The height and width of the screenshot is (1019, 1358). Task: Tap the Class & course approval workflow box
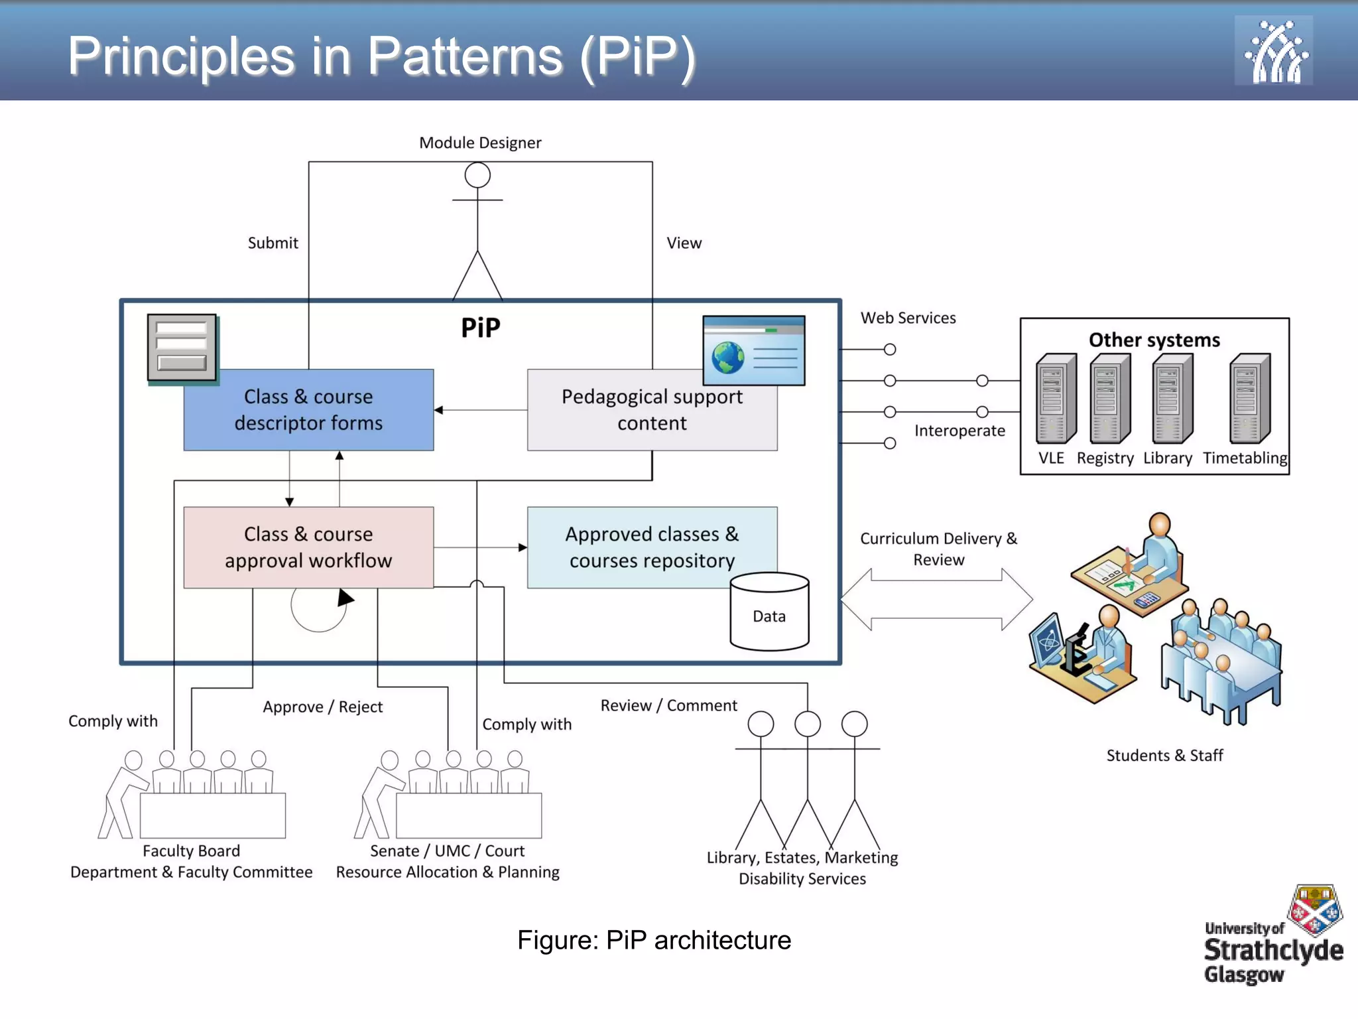pos(308,547)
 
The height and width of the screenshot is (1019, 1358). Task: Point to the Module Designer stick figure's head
pos(477,176)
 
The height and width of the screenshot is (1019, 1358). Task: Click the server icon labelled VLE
pos(1055,399)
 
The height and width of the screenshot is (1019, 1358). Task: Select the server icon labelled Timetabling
pos(1249,399)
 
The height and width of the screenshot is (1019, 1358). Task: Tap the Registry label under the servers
pos(1105,458)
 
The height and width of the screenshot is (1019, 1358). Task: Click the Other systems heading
pos(1154,340)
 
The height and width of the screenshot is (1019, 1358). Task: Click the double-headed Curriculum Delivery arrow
pos(936,599)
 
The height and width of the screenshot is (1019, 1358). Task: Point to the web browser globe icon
pos(728,358)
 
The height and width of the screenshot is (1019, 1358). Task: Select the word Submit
pos(273,243)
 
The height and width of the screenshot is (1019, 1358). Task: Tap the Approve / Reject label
pos(322,707)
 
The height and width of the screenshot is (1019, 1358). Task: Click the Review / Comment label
pos(668,705)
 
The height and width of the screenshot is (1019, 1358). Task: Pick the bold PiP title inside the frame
pos(480,328)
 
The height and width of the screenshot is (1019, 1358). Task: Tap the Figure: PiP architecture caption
pos(654,940)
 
